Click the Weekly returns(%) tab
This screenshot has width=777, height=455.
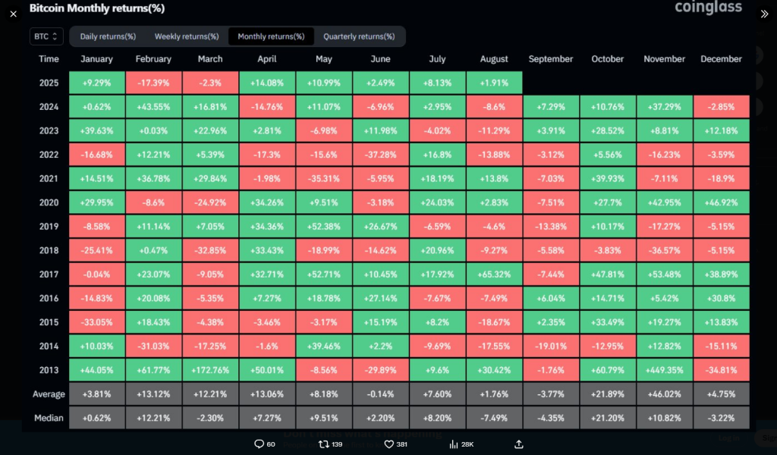pyautogui.click(x=187, y=36)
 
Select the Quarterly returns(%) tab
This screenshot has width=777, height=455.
pyautogui.click(x=359, y=36)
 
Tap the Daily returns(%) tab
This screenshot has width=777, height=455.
pyautogui.click(x=108, y=36)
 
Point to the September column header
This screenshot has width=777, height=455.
pyautogui.click(x=551, y=59)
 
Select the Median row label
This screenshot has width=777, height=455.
pyautogui.click(x=49, y=418)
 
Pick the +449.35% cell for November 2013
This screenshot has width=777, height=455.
pyautogui.click(x=665, y=370)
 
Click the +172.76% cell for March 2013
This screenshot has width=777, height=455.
pyautogui.click(x=210, y=370)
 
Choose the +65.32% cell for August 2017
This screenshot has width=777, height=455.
pyautogui.click(x=495, y=274)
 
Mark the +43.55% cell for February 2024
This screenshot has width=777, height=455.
pyautogui.click(x=153, y=107)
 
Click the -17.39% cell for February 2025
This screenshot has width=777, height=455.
pyautogui.click(x=153, y=83)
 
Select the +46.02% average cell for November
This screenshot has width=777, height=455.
pyautogui.click(x=665, y=394)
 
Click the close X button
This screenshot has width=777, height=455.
pyautogui.click(x=13, y=14)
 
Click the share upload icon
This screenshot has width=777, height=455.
pyautogui.click(x=519, y=444)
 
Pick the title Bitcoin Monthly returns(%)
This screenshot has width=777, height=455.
pyautogui.click(x=97, y=8)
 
